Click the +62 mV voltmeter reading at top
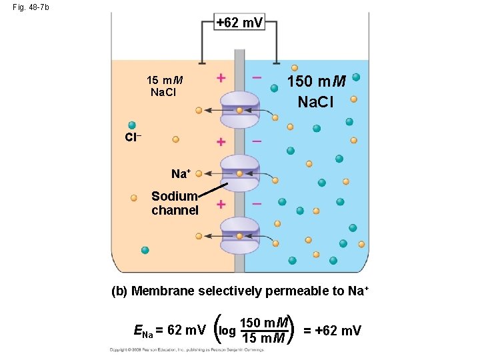(x=240, y=23)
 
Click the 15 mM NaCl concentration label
(x=164, y=86)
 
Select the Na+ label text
(x=181, y=174)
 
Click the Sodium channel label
(x=175, y=203)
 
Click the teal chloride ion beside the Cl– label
(x=132, y=125)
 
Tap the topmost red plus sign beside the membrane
(x=221, y=78)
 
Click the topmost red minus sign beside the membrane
(x=257, y=78)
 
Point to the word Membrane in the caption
(x=164, y=291)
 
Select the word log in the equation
(x=227, y=330)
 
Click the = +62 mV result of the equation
(x=332, y=330)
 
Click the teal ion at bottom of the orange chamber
(x=145, y=250)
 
